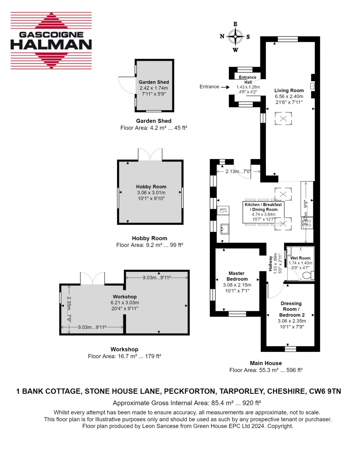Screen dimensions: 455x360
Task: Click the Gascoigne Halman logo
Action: [x=51, y=40]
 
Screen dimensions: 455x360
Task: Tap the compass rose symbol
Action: [x=235, y=36]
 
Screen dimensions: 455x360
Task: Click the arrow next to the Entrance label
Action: [x=225, y=87]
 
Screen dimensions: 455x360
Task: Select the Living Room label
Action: [x=289, y=90]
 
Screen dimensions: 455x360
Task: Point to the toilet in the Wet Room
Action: [x=308, y=275]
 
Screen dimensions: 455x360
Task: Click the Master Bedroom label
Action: [x=237, y=276]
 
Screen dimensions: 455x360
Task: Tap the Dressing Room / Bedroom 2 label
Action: [x=291, y=309]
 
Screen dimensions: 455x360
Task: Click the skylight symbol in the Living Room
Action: [x=284, y=119]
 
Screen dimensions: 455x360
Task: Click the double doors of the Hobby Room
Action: [x=150, y=154]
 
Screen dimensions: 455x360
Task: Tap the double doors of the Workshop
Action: [x=92, y=278]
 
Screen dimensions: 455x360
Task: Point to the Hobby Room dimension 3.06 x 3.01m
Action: [x=151, y=192]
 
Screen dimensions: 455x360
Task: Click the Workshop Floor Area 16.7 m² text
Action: [x=125, y=356]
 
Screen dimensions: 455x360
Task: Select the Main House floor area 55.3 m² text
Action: [x=266, y=370]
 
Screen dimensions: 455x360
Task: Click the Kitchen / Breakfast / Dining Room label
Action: [x=263, y=207]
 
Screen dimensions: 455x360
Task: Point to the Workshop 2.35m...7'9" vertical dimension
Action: [x=69, y=309]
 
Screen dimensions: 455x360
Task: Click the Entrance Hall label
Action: [x=248, y=80]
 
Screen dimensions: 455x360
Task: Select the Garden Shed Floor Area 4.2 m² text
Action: [x=154, y=128]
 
